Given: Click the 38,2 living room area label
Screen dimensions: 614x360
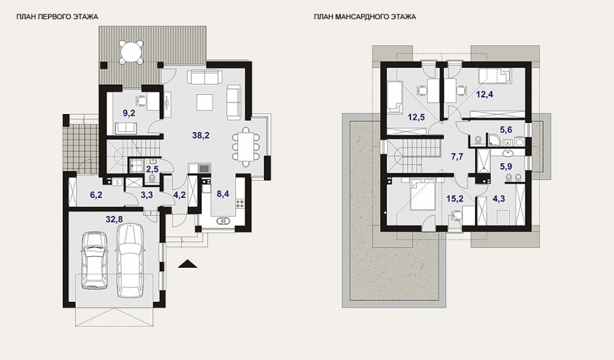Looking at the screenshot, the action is (201, 136).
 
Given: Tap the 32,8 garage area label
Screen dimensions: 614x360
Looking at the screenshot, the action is (114, 220).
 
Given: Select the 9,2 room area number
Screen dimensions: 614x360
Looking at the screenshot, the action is (129, 113).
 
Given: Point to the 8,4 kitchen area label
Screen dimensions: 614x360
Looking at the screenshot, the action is (222, 194).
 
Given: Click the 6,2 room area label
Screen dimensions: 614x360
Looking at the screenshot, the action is (97, 194).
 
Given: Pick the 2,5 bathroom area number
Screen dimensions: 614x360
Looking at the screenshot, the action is (152, 170).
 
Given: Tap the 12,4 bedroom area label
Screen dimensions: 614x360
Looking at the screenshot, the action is (484, 94).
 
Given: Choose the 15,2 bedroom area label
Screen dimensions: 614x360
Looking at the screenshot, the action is (455, 199).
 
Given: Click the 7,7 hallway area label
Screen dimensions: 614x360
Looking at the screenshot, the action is (457, 157).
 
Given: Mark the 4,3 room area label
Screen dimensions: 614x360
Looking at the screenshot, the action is (498, 199).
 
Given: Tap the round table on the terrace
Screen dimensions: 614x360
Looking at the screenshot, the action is (131, 51).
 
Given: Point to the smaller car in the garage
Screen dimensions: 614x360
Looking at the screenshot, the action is (94, 260).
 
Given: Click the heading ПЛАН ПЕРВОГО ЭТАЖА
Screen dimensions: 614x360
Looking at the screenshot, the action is (57, 17).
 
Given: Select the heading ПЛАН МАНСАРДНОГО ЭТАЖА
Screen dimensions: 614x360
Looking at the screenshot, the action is (365, 17).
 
